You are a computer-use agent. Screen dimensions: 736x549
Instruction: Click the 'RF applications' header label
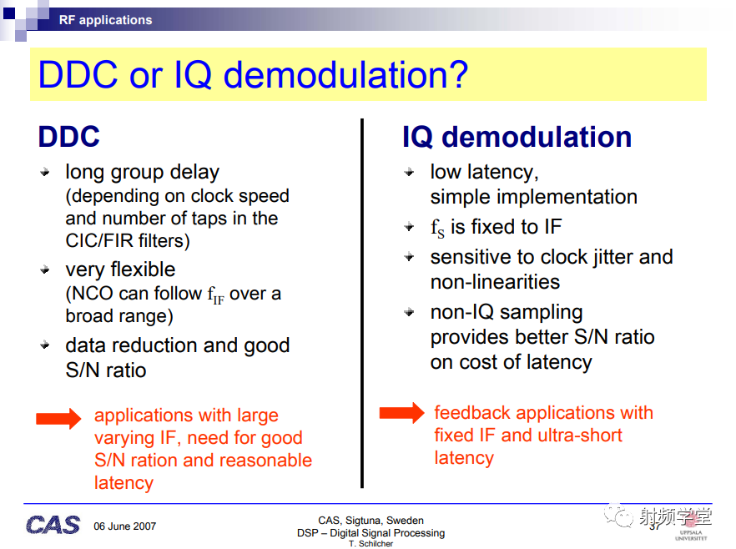pyautogui.click(x=105, y=20)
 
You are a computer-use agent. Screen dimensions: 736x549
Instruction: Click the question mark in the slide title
pyautogui.click(x=456, y=74)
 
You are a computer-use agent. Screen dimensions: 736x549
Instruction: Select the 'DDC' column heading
pyautogui.click(x=69, y=137)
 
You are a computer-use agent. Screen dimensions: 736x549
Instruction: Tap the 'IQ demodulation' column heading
pyautogui.click(x=517, y=137)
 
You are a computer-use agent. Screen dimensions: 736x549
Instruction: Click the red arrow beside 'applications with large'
pyautogui.click(x=58, y=418)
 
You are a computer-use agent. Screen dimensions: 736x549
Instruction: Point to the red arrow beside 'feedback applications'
pyautogui.click(x=402, y=413)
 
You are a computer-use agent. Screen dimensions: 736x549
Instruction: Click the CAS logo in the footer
pyautogui.click(x=53, y=525)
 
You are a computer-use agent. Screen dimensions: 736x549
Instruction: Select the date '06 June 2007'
pyautogui.click(x=125, y=526)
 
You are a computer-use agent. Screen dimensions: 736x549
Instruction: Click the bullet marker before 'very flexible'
pyautogui.click(x=45, y=269)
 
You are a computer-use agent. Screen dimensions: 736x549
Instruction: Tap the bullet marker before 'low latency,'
pyautogui.click(x=409, y=172)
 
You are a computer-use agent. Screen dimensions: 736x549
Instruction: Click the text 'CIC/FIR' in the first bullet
pyautogui.click(x=99, y=241)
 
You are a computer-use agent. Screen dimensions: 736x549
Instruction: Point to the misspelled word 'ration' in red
pyautogui.click(x=152, y=461)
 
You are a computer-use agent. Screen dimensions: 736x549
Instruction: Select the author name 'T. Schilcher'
pyautogui.click(x=371, y=543)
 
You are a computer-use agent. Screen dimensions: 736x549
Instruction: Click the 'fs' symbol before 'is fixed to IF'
pyautogui.click(x=437, y=228)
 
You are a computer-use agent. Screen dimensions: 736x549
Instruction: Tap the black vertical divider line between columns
pyautogui.click(x=362, y=303)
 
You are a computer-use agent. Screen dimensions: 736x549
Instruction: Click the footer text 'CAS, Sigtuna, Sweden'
pyautogui.click(x=371, y=521)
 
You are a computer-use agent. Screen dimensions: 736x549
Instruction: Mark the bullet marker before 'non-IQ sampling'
pyautogui.click(x=409, y=311)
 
